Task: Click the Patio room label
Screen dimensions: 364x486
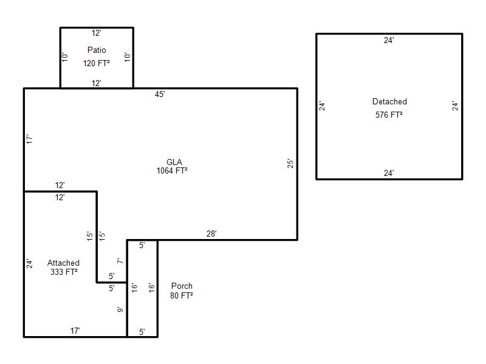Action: coord(97,50)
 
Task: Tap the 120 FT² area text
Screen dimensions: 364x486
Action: coord(97,62)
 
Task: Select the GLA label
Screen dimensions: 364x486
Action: coord(174,162)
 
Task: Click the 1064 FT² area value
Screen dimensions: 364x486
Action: coord(172,171)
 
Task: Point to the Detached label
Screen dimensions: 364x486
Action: coord(389,102)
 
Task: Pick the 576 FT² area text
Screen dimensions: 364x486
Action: coord(389,114)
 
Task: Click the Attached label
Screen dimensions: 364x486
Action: coord(63,263)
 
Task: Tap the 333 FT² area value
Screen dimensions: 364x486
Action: coord(64,272)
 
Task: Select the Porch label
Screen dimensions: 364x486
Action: coord(182,286)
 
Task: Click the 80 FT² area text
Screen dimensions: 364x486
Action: coord(182,295)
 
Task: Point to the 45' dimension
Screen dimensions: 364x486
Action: coord(160,94)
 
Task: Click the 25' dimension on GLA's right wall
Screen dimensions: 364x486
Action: coord(291,164)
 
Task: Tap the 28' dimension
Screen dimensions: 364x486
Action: coord(211,234)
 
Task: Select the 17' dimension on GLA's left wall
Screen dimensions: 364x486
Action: coord(29,139)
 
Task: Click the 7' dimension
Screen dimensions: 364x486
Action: coord(120,261)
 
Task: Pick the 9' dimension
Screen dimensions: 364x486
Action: coord(120,309)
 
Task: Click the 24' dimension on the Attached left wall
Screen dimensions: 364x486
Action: coord(29,264)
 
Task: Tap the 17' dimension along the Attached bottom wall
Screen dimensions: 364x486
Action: coord(75,331)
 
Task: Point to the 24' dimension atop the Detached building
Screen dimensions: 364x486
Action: coord(389,40)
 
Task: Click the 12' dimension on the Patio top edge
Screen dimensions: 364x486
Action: coord(97,33)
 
